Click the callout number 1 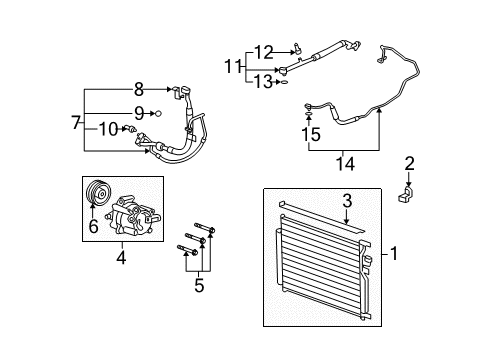(x=394, y=255)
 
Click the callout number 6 (x=92, y=228)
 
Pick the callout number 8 (x=139, y=89)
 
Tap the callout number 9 (x=139, y=113)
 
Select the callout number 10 (x=107, y=128)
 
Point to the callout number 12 (x=263, y=52)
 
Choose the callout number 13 (x=263, y=82)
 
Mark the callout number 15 (x=311, y=132)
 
